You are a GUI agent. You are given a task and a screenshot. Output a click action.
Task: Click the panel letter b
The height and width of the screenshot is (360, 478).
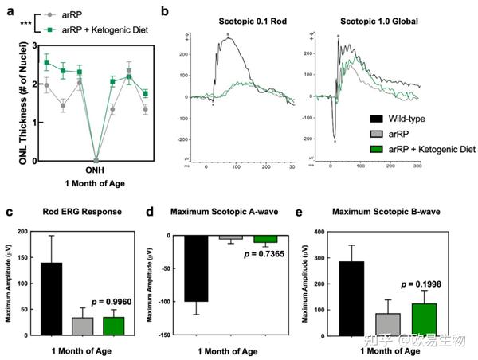tap(166, 11)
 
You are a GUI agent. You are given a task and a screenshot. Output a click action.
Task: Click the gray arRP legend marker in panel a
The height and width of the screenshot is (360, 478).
tap(49, 15)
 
